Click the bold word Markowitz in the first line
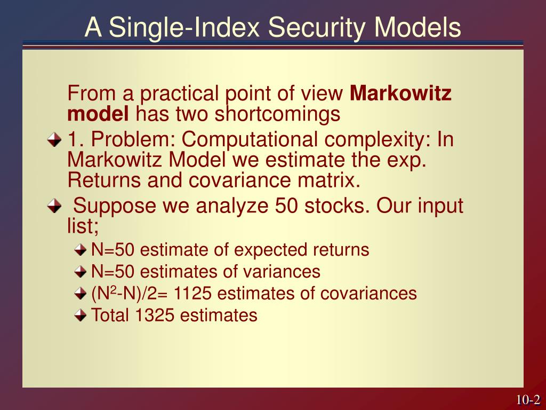pos(400,94)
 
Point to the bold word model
pos(98,113)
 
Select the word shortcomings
pos(277,113)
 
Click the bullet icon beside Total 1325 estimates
pos(80,316)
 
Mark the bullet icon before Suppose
pos(54,206)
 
